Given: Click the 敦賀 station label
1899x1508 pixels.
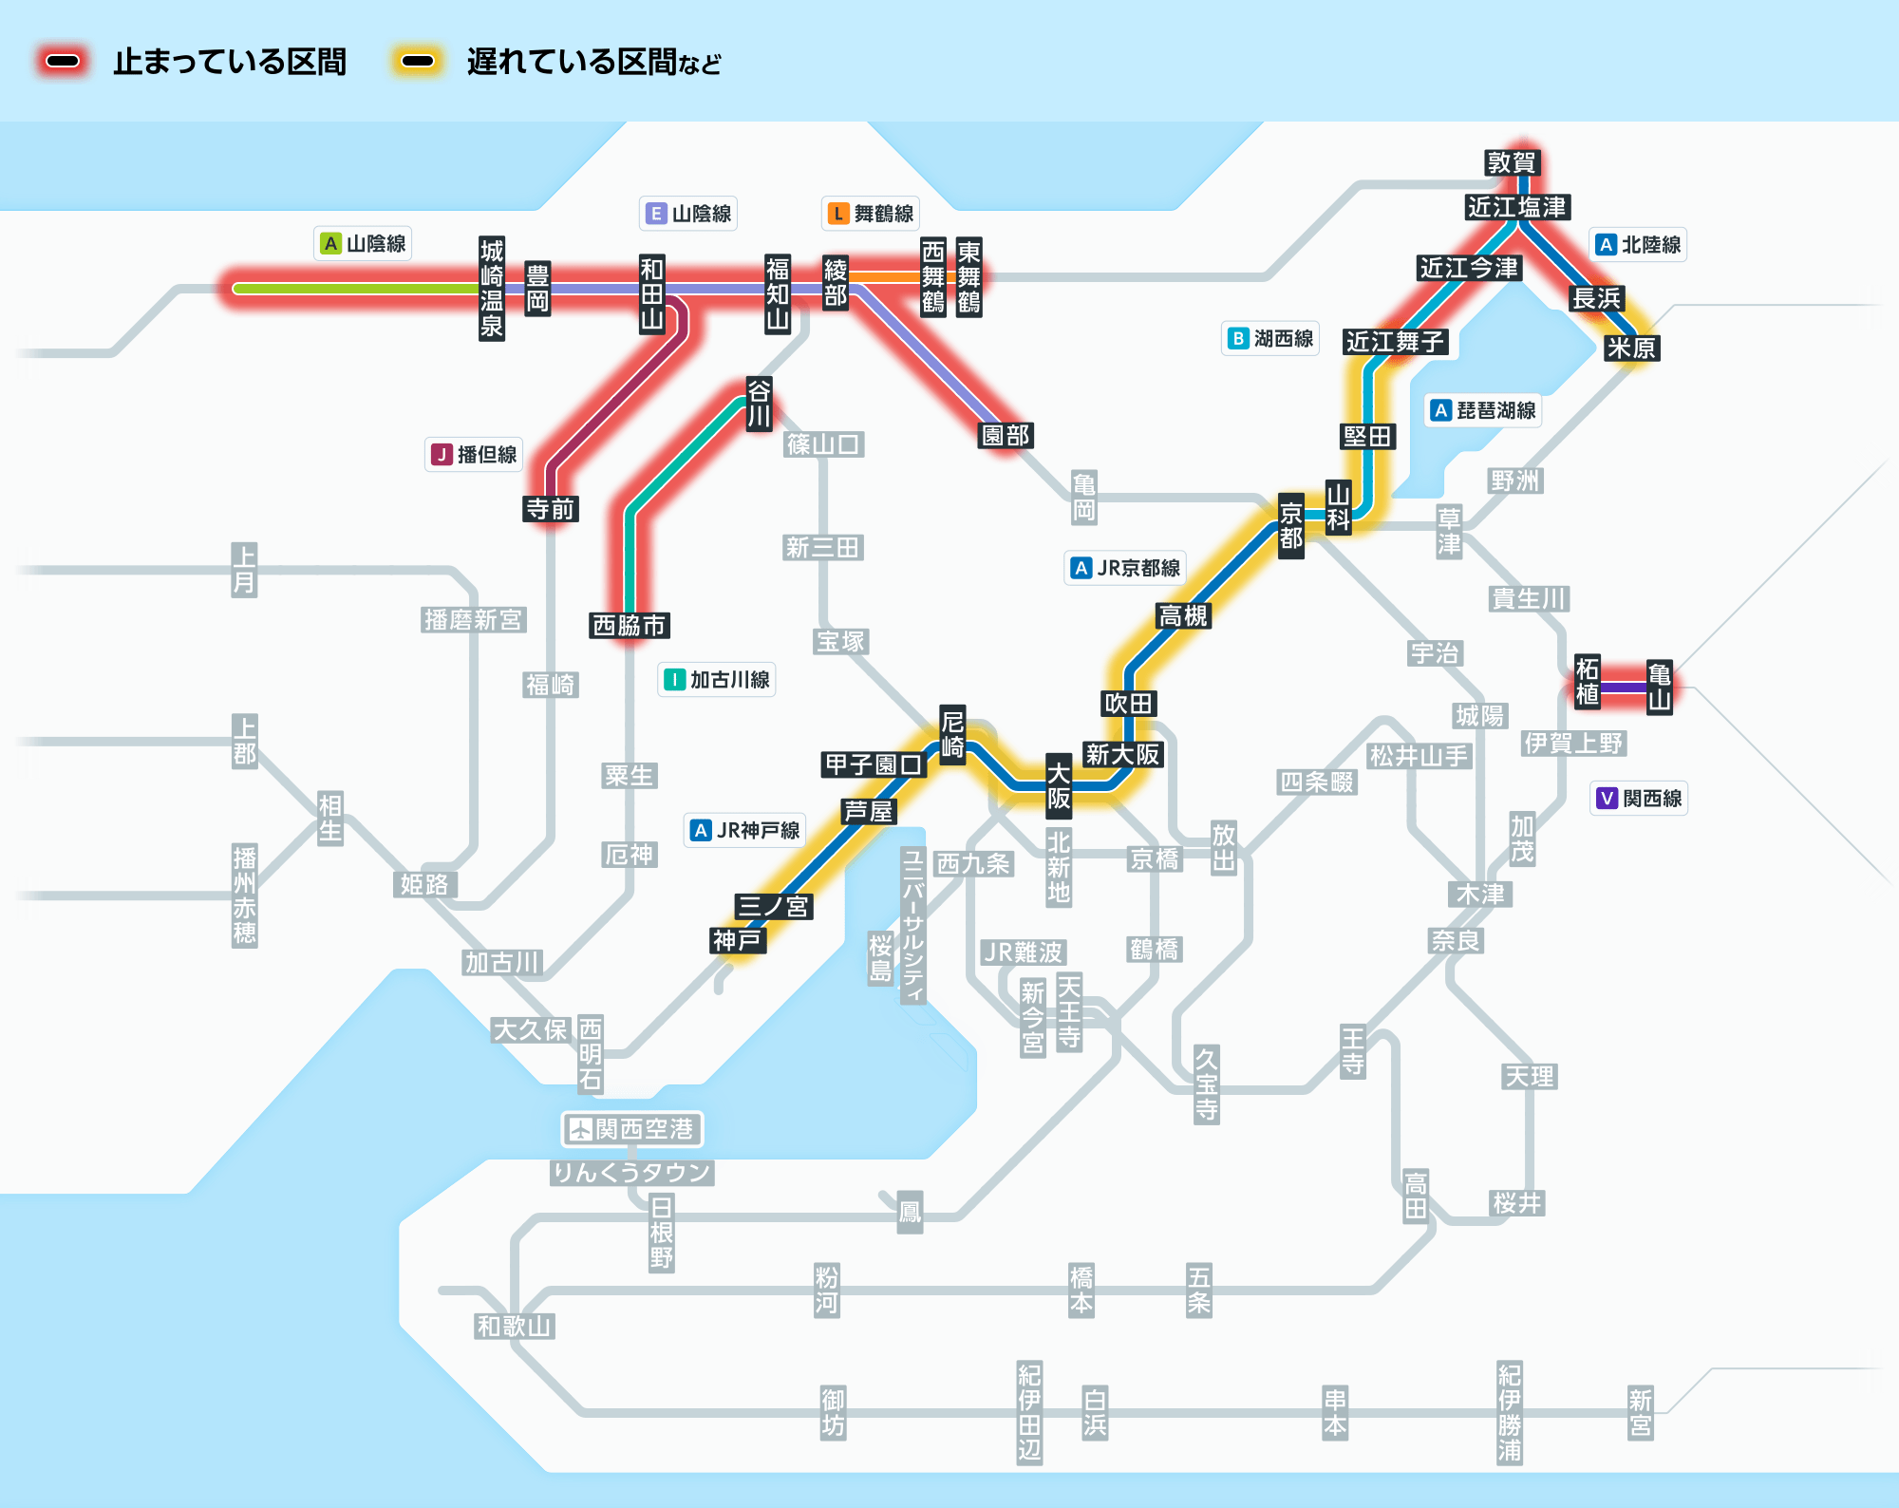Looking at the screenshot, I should tap(1511, 162).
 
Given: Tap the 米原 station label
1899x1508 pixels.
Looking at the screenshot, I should tap(1631, 348).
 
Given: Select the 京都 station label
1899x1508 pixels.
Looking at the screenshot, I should tap(1290, 526).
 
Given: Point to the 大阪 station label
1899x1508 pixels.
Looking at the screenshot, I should tap(1058, 785).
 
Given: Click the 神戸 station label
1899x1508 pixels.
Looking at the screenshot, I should tap(737, 940).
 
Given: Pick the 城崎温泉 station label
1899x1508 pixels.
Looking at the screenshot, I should tap(491, 289).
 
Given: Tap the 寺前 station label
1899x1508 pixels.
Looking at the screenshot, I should tap(551, 509).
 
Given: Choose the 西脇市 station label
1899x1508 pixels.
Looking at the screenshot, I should tap(630, 625).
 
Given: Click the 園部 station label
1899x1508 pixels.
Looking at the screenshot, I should tap(1006, 435).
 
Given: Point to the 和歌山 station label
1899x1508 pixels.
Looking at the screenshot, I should tap(514, 1326).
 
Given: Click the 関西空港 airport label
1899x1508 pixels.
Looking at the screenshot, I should tap(632, 1128).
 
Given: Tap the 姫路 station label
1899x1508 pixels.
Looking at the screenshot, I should tap(423, 884).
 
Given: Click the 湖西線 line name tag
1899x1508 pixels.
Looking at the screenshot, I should tap(1271, 338).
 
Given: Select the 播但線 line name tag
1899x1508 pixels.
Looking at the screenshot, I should tap(474, 454).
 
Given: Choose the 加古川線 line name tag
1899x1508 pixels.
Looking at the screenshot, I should tap(717, 679).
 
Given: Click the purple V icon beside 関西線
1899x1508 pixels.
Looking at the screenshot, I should tap(1607, 798).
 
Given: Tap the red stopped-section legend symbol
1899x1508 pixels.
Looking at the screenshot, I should tap(63, 62).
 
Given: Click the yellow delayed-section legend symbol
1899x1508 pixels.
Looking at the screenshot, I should tap(417, 62).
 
